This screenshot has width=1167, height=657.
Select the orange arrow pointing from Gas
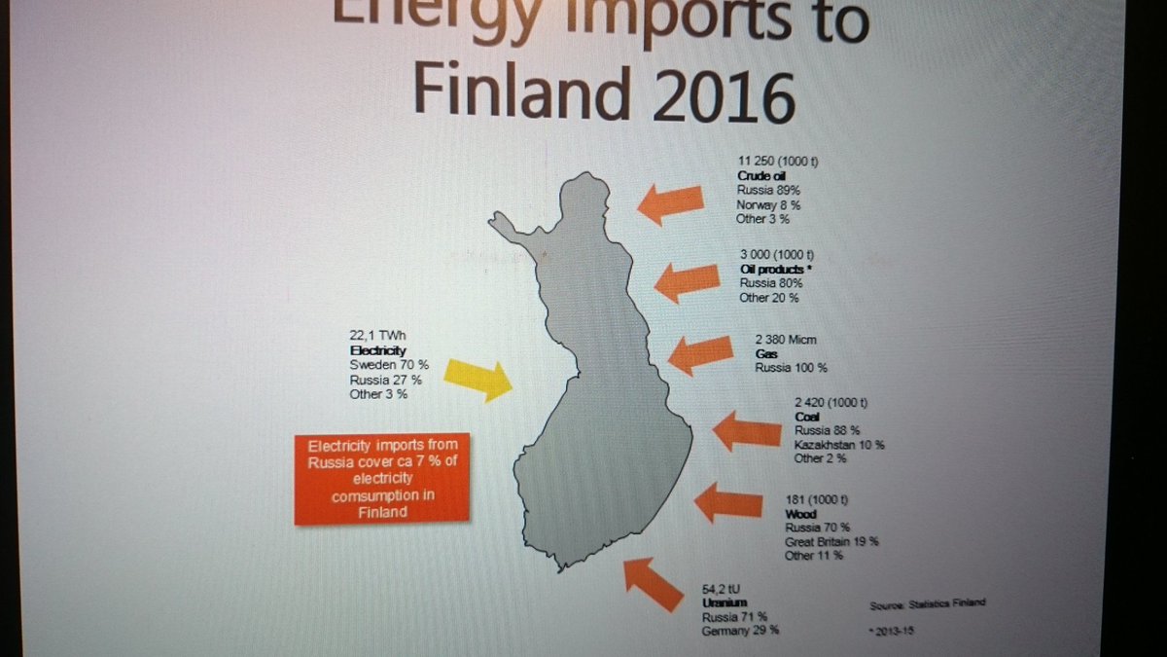pos(700,354)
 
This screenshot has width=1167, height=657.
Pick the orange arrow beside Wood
pos(728,503)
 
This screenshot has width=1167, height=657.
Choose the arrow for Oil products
pos(687,281)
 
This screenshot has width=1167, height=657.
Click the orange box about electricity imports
pos(382,479)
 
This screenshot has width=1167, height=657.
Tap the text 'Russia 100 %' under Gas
pos(791,368)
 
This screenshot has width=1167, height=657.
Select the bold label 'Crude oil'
pos(761,175)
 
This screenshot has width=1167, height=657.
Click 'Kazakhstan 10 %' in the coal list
pos(839,445)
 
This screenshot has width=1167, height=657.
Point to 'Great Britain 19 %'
pos(831,541)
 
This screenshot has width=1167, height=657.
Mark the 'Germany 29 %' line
pos(740,631)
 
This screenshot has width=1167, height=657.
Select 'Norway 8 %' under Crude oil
pos(769,205)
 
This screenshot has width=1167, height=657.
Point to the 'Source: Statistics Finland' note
pos(928,603)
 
